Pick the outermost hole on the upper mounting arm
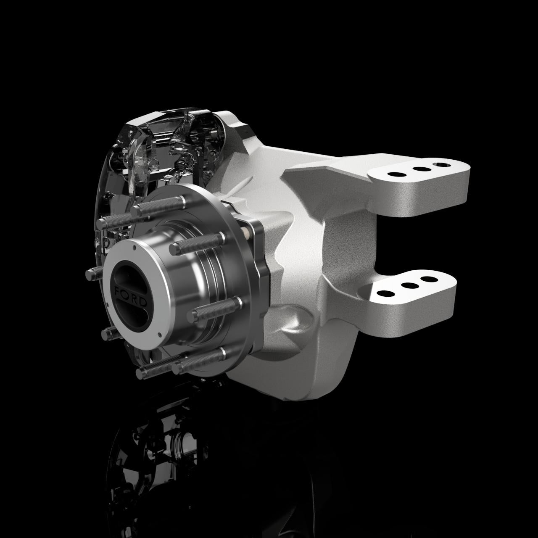pyautogui.click(x=441, y=164)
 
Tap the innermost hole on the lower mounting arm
pyautogui.click(x=383, y=293)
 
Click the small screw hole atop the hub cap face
pyautogui.click(x=134, y=250)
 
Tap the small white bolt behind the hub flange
pyautogui.click(x=246, y=230)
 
